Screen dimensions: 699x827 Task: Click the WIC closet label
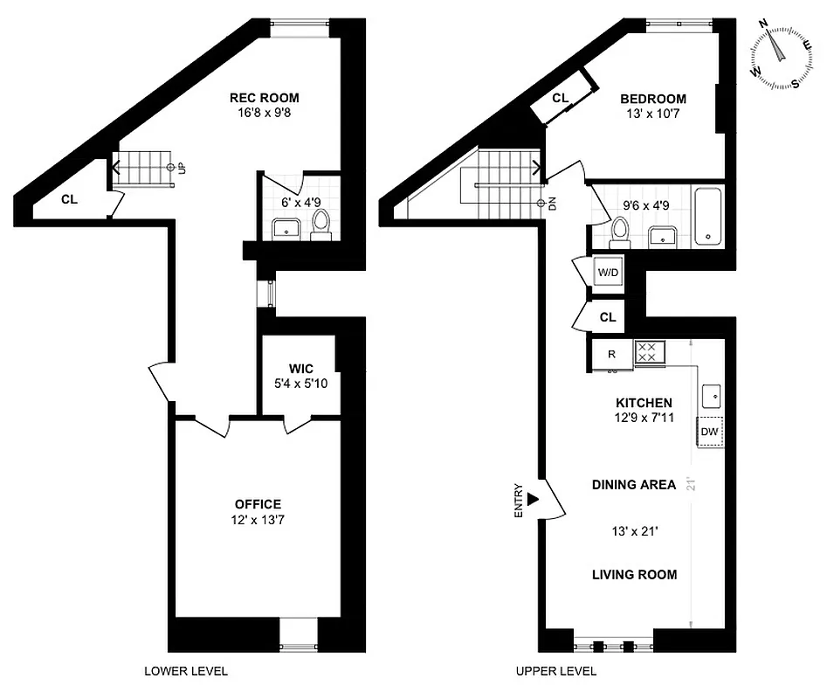pyautogui.click(x=301, y=369)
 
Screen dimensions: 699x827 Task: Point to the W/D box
pyautogui.click(x=608, y=273)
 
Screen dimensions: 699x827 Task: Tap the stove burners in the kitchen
pyautogui.click(x=650, y=353)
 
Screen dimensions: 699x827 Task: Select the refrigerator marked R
pyautogui.click(x=611, y=354)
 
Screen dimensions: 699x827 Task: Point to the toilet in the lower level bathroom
pyautogui.click(x=320, y=225)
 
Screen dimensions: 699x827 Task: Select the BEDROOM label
pyautogui.click(x=652, y=99)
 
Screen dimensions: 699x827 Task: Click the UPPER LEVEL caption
pyautogui.click(x=555, y=671)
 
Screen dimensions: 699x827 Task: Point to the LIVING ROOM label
pyautogui.click(x=634, y=574)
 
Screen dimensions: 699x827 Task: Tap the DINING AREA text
pyautogui.click(x=633, y=484)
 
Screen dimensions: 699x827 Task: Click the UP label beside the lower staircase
pyautogui.click(x=182, y=167)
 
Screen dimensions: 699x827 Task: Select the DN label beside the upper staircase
pyautogui.click(x=552, y=204)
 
